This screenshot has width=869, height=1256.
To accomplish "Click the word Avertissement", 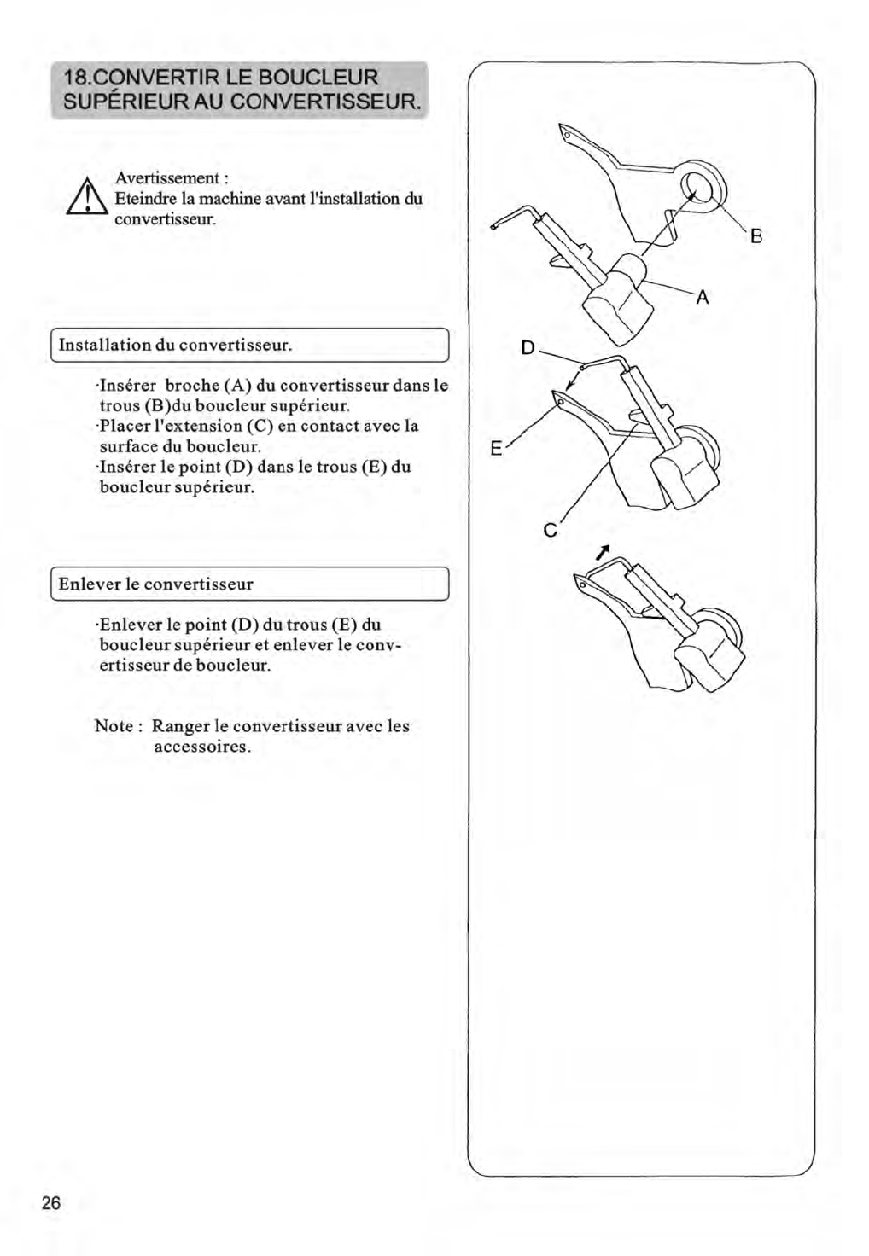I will coord(167,178).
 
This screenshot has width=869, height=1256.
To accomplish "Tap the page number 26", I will coord(51,1203).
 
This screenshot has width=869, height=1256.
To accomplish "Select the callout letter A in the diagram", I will coord(702,298).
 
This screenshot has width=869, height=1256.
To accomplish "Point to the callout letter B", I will coord(755,237).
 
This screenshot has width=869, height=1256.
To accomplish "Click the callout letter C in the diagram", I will coord(550,531).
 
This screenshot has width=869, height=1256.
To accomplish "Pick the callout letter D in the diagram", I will coord(528,348).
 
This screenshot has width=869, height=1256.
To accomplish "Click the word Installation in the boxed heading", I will coord(104,346).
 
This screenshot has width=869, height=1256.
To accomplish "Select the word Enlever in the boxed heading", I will coord(89,584).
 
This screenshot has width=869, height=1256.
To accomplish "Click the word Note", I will coord(114,727).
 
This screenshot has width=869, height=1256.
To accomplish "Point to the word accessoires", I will coord(201,747).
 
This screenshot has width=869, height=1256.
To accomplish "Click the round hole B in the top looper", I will coord(697,187).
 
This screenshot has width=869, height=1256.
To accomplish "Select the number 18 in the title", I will coord(71,78).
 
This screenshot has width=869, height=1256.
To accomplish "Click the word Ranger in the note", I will coord(180,727).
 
